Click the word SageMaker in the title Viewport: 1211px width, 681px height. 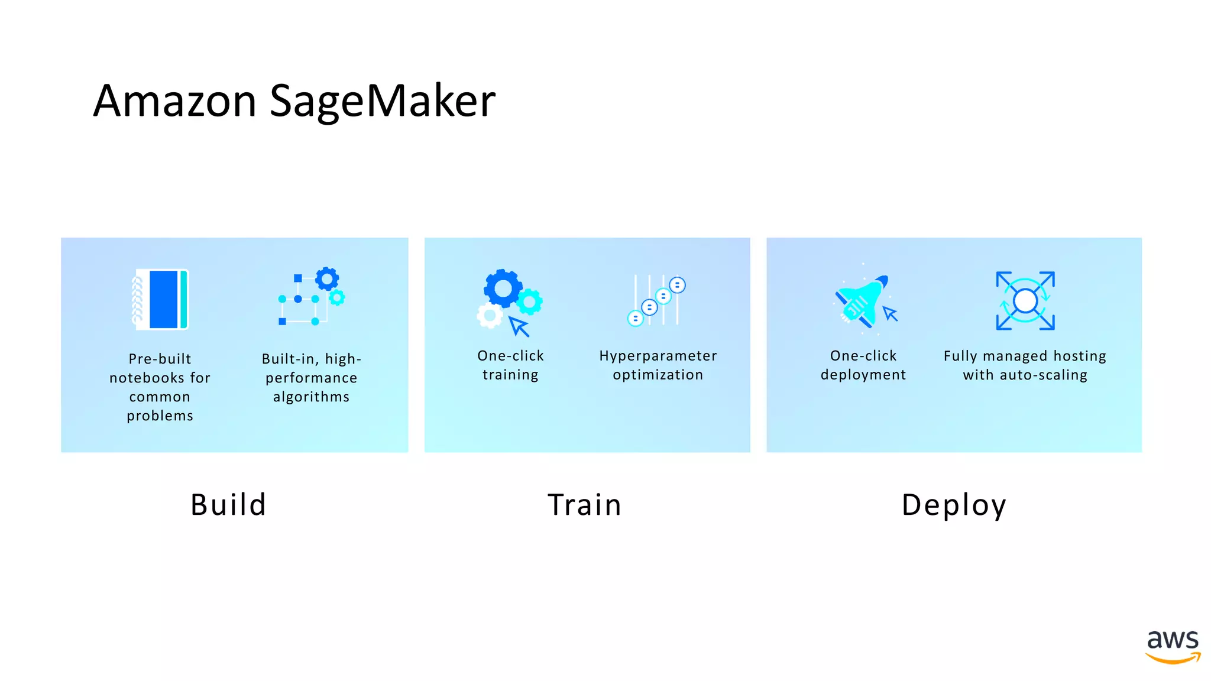[383, 101]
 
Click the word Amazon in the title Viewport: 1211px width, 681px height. [175, 101]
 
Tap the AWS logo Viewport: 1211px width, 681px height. [1173, 647]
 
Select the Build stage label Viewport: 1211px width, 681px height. [228, 505]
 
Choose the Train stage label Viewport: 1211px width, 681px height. [584, 505]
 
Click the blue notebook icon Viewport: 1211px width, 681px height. [161, 299]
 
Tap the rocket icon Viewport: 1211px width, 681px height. [861, 300]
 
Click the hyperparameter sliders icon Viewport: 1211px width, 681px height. [656, 300]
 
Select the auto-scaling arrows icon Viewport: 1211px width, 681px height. [1025, 300]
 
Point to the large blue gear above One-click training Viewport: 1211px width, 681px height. [503, 288]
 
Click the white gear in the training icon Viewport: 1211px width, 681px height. [490, 316]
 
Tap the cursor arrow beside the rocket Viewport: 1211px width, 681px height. [890, 313]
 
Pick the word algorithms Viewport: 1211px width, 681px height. [311, 397]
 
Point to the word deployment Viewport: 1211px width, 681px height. [863, 375]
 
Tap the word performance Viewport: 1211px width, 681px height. [311, 378]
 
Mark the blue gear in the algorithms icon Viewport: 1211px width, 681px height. [327, 278]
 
